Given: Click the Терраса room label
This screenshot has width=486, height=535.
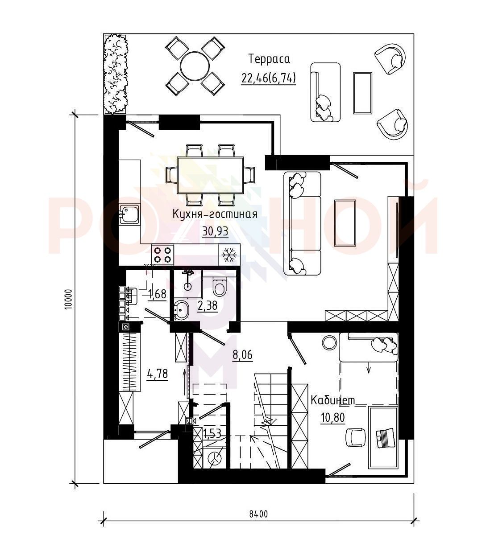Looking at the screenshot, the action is pyautogui.click(x=269, y=59).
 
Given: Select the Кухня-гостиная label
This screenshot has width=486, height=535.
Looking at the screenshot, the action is pyautogui.click(x=215, y=214).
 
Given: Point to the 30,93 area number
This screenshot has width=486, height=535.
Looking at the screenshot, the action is pyautogui.click(x=215, y=231).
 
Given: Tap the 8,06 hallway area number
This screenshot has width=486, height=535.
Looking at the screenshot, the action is pyautogui.click(x=242, y=355).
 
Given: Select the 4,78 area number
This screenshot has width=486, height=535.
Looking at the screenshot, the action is pyautogui.click(x=157, y=374).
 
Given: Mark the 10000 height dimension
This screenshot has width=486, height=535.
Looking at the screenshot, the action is pyautogui.click(x=69, y=299).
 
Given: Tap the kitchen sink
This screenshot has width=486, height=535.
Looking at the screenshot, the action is pyautogui.click(x=129, y=214).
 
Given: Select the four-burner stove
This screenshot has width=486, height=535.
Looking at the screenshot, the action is pyautogui.click(x=162, y=255).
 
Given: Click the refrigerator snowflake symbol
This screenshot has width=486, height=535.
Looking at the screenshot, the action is pyautogui.click(x=229, y=255).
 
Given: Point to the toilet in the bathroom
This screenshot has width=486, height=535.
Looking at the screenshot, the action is pyautogui.click(x=219, y=287).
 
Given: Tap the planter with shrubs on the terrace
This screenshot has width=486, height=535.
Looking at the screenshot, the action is pyautogui.click(x=116, y=74).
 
